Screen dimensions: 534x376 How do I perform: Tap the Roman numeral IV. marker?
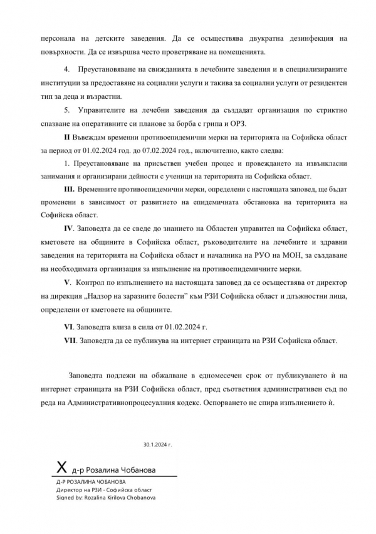tap(69, 228)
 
